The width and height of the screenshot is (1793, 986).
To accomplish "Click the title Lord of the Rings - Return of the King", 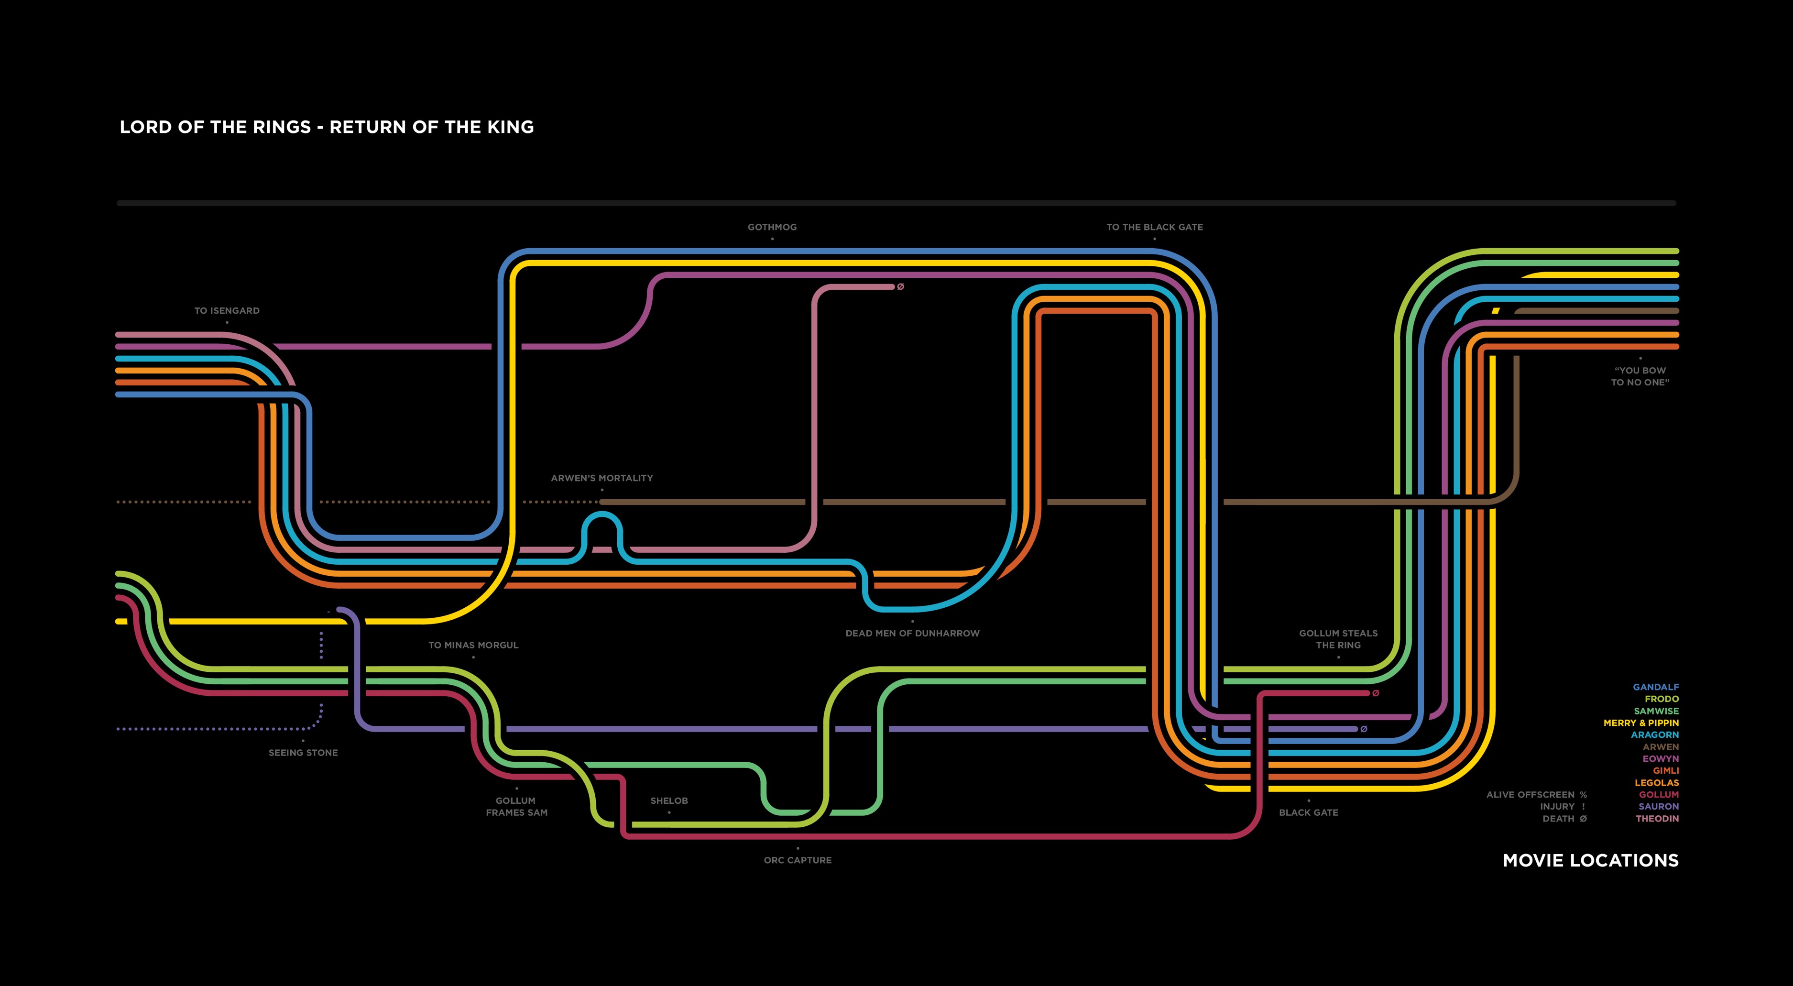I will coord(327,127).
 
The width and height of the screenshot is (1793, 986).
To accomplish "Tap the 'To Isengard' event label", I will coord(227,310).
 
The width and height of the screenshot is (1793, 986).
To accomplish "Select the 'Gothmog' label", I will coord(772,227).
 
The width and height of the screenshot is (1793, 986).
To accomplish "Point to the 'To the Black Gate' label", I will coord(1154,227).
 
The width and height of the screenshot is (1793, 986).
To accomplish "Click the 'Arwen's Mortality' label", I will coord(602,478).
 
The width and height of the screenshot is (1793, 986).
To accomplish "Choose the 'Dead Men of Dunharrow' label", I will coord(912,634).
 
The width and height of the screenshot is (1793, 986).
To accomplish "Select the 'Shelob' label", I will coord(669,801).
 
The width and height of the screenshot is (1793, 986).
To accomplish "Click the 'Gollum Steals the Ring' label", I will coord(1338,639).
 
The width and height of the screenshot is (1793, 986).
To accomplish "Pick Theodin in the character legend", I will coord(1657,819).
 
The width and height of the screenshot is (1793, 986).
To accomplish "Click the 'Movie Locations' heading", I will coord(1590,861).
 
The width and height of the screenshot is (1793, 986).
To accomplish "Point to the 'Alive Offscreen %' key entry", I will coord(1536,795).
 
